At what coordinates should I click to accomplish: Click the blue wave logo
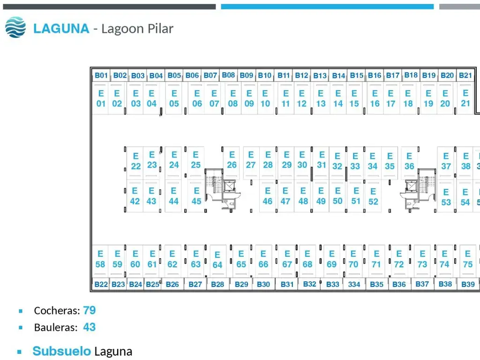[15, 27]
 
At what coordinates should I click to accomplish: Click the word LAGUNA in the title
[61, 29]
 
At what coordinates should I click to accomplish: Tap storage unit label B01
[101, 75]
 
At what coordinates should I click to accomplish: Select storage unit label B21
[465, 75]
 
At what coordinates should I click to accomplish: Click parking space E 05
[174, 98]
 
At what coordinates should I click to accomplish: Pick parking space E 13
[321, 98]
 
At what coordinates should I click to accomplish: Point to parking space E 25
[196, 160]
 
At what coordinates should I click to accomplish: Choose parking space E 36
[409, 161]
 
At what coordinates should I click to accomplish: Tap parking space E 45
[196, 196]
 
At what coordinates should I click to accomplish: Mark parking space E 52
[373, 196]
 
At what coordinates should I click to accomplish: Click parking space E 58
[100, 259]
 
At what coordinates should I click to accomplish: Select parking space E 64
[217, 260]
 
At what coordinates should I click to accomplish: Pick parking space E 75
[467, 259]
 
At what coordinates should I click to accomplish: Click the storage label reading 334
[354, 284]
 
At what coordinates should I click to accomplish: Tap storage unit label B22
[101, 284]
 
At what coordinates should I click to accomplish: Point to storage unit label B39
[468, 284]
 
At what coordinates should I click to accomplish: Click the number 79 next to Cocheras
[90, 310]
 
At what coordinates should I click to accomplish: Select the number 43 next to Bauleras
[90, 327]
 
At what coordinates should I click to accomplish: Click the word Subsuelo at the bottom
[61, 351]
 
